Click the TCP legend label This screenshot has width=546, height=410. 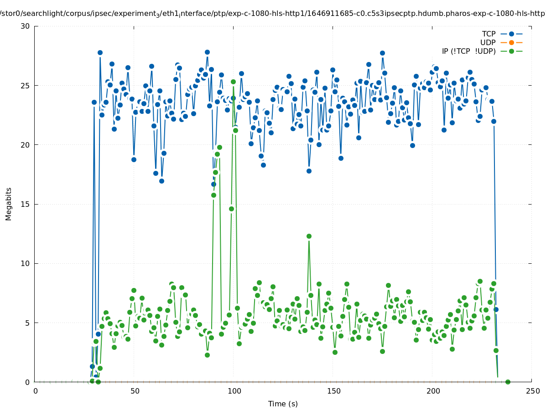click(x=489, y=34)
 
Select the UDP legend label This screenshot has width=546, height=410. click(x=488, y=42)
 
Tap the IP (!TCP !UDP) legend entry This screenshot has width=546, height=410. click(x=468, y=51)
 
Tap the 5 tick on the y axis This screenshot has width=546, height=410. click(x=27, y=323)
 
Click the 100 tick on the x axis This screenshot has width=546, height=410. click(x=234, y=391)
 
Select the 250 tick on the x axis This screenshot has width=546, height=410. click(x=532, y=391)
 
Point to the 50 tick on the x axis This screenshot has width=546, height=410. click(x=134, y=391)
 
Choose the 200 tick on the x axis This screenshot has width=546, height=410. click(x=432, y=391)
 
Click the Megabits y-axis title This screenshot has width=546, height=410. click(x=9, y=204)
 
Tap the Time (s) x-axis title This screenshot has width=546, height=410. click(x=283, y=404)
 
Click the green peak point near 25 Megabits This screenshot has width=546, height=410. click(x=233, y=82)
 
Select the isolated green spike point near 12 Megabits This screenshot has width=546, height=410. click(x=309, y=236)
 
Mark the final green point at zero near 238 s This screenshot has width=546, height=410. click(x=508, y=382)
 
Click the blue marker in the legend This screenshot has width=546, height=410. click(x=511, y=34)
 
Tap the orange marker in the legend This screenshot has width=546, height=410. click(x=511, y=42)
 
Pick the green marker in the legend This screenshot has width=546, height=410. click(x=511, y=51)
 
